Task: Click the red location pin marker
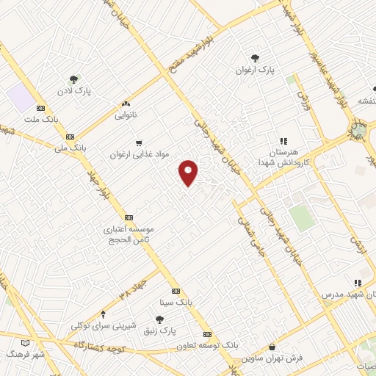(x=189, y=172)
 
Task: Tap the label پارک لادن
(x=74, y=93)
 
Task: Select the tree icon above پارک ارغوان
(x=255, y=57)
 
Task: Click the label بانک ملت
(x=49, y=118)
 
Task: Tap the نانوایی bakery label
(x=126, y=115)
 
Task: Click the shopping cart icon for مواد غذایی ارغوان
(x=139, y=142)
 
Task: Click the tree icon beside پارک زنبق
(x=159, y=319)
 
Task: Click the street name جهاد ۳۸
(x=134, y=289)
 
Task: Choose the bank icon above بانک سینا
(x=176, y=291)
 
